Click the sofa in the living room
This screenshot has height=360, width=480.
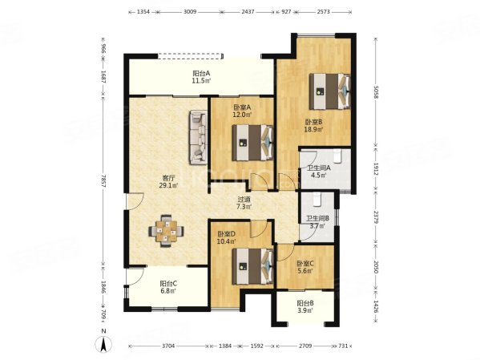(x=199, y=137)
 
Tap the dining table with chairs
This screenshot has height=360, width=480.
(x=166, y=230)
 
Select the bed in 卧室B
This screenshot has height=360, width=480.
(x=329, y=91)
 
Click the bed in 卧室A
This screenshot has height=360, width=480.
(x=252, y=143)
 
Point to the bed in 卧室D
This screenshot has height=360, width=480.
(x=252, y=266)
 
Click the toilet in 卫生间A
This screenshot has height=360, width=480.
(x=337, y=156)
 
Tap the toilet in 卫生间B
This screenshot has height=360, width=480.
(x=317, y=200)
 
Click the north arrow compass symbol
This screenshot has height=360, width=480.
(x=104, y=344)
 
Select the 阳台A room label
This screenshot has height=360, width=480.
(x=201, y=74)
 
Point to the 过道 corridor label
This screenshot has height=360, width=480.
(x=244, y=199)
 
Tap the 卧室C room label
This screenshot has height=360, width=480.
(x=305, y=264)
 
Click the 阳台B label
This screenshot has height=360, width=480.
(x=305, y=303)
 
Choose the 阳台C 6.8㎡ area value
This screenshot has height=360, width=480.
(x=168, y=291)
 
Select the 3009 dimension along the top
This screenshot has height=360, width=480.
(x=190, y=12)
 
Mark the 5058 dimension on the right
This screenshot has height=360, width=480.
(x=376, y=92)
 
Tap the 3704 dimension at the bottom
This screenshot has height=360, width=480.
(x=168, y=346)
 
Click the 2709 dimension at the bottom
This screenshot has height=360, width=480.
(x=305, y=346)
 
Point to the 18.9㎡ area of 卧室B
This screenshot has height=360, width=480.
(x=313, y=130)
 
